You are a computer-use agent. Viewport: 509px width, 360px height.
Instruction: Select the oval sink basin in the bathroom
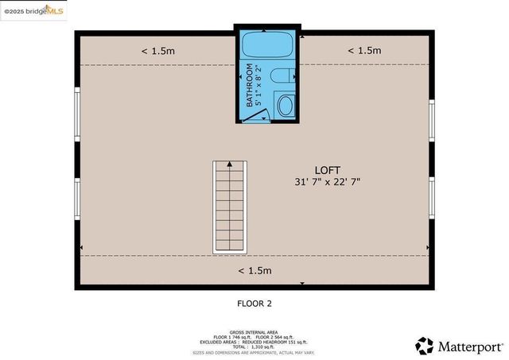(x=284, y=104)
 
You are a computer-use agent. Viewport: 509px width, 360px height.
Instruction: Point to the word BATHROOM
(x=249, y=85)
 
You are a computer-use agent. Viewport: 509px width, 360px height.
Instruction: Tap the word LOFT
(x=328, y=170)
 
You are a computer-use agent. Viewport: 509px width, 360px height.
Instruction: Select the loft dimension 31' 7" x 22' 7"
(x=328, y=182)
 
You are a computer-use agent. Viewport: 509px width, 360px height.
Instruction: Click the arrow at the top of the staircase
(x=230, y=164)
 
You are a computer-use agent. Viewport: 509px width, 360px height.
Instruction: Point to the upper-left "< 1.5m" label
(x=157, y=51)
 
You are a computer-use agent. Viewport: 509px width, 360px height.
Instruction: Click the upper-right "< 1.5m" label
(x=364, y=51)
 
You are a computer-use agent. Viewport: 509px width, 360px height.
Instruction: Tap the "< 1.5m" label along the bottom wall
(x=254, y=270)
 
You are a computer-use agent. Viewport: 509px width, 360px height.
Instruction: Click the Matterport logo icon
(x=425, y=346)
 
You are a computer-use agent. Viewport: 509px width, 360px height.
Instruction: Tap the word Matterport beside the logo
(x=469, y=346)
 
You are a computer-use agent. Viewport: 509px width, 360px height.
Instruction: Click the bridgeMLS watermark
(x=33, y=11)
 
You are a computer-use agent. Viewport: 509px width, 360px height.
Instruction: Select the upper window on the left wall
(x=77, y=113)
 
